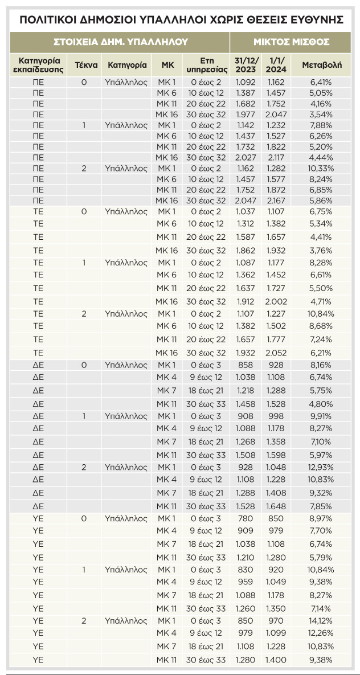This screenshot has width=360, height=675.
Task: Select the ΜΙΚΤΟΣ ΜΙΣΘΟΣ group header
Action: [291, 42]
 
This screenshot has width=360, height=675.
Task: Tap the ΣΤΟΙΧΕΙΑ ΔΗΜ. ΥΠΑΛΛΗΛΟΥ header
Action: [120, 42]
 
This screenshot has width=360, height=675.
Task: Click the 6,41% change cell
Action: [322, 83]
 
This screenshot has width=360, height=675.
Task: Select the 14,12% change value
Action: [322, 620]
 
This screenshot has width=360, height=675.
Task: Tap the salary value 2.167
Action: [276, 201]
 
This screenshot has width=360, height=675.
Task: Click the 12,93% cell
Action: [322, 467]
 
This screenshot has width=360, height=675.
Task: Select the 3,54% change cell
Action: [322, 114]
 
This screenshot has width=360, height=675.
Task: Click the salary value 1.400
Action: [276, 660]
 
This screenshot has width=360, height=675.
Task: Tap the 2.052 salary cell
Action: [276, 353]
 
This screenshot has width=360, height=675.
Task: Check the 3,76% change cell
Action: [322, 250]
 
